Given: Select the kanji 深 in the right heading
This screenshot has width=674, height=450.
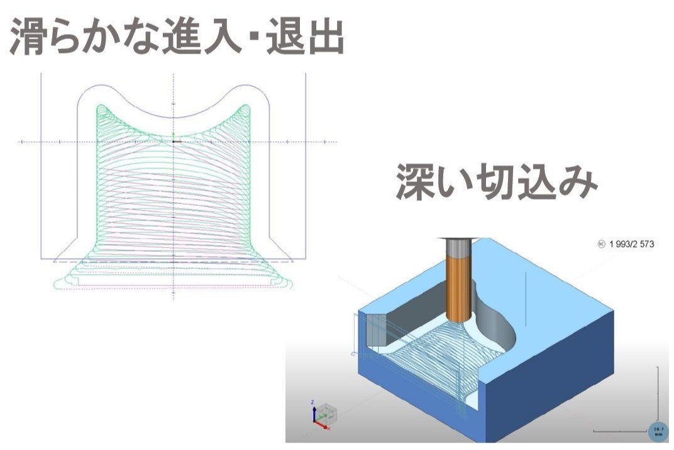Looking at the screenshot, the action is [416, 183].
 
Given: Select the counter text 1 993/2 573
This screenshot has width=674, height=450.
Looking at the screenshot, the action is [632, 244].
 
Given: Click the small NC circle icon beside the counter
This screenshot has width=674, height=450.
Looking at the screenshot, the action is [602, 244].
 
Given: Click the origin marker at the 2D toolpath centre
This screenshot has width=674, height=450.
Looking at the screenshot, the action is [174, 141].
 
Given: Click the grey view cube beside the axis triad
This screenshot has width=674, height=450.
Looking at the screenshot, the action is [327, 414].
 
